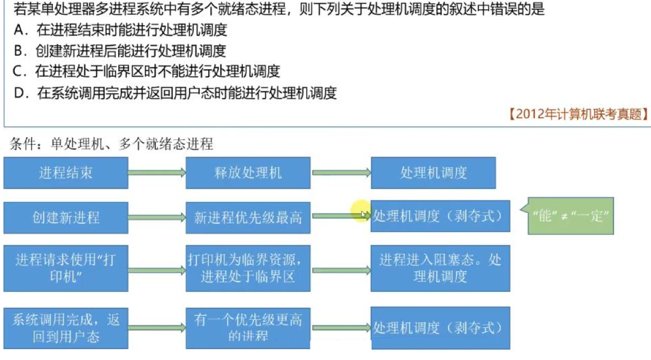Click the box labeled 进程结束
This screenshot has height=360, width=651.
(66, 173)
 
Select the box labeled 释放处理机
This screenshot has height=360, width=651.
(248, 173)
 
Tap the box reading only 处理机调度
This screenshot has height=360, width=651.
(433, 173)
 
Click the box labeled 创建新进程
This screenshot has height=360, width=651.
(66, 218)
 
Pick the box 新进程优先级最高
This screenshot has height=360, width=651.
(248, 218)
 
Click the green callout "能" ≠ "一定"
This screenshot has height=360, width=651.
(570, 216)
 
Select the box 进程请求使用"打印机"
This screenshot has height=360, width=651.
(66, 268)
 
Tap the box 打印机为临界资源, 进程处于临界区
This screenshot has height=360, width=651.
(248, 268)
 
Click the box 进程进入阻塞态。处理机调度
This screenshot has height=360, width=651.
(440, 268)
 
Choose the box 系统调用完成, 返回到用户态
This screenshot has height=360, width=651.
(66, 328)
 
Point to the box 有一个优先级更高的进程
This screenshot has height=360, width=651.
(248, 328)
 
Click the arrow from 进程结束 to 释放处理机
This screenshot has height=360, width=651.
(157, 173)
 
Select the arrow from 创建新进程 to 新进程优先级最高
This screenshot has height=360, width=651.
(157, 218)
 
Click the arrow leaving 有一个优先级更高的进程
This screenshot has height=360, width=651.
(341, 328)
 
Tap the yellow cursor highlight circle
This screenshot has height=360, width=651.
(361, 210)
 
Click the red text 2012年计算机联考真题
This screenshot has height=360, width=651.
(579, 114)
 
